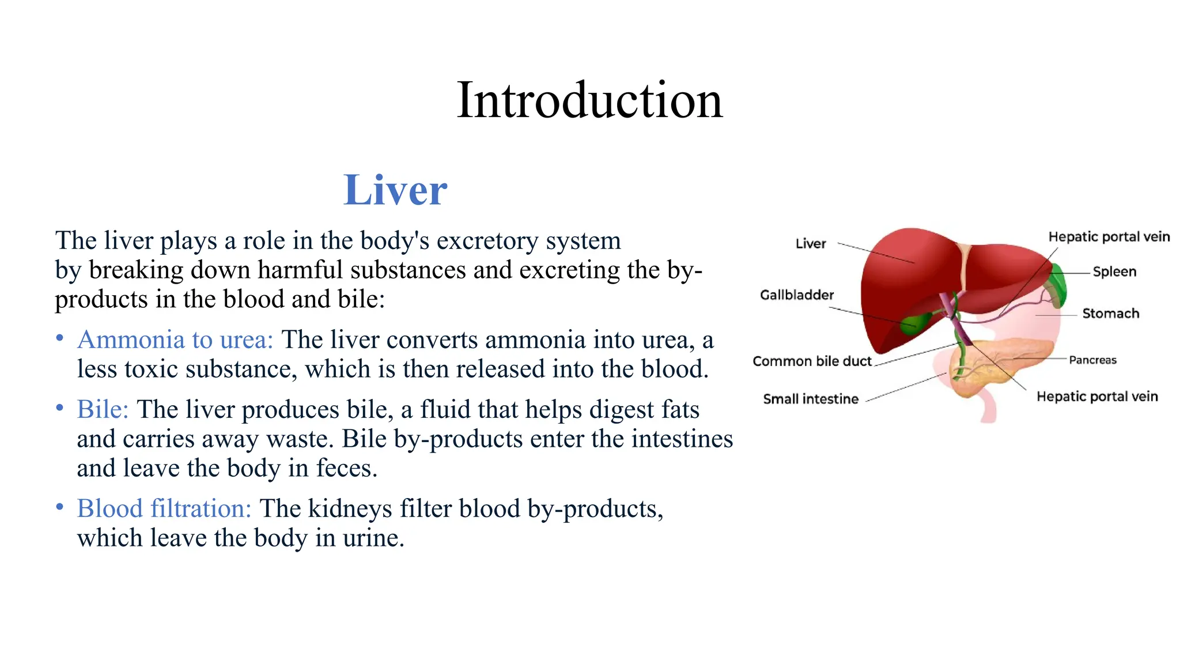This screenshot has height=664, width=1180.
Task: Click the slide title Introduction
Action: coord(589,100)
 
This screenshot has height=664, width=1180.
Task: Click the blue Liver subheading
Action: coord(395,190)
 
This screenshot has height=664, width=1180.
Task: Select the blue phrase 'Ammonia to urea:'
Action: coord(175,340)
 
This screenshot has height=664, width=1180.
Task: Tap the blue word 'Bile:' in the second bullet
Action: coord(103,410)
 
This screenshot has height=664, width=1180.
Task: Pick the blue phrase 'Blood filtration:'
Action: coord(164,509)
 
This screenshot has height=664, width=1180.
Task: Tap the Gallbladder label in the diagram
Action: coord(797,295)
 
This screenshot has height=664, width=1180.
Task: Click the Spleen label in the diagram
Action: coord(1114,271)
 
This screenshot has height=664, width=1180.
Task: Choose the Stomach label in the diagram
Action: coord(1110,314)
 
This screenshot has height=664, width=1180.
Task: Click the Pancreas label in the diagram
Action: coord(1092,360)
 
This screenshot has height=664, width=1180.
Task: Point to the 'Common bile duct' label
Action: coord(812,361)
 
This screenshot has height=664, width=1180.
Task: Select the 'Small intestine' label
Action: coord(811,399)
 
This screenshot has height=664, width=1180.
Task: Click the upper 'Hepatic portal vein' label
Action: coord(1109,237)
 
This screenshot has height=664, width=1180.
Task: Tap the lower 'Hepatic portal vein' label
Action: coord(1096,397)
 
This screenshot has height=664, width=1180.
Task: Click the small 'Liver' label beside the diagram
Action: coord(810,244)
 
